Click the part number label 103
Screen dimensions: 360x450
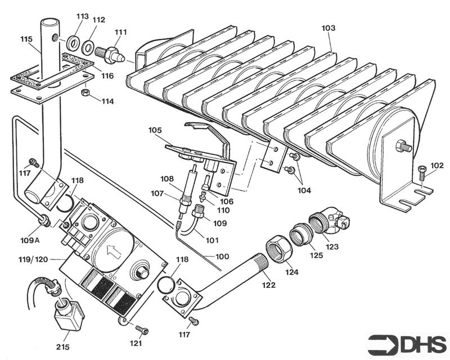328,27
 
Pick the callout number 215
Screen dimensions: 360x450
62,347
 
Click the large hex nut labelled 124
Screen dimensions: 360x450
278,247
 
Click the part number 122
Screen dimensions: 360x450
268,285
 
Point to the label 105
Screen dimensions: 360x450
155,130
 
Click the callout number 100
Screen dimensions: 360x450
222,256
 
